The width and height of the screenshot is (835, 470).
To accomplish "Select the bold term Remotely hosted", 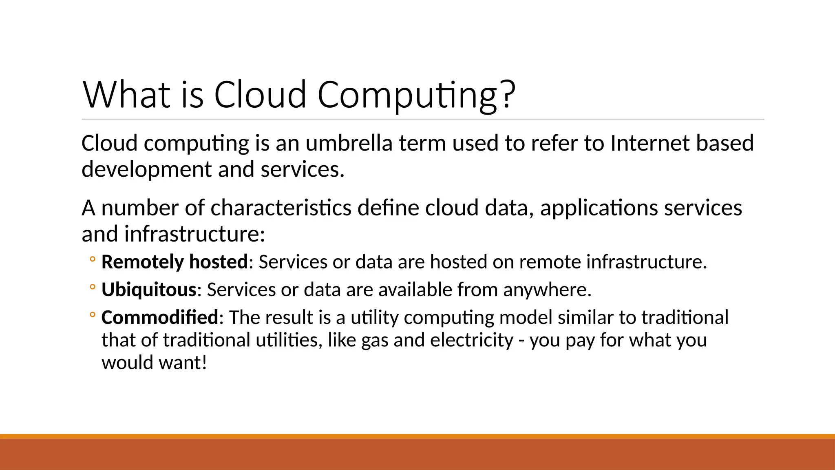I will tap(175, 262).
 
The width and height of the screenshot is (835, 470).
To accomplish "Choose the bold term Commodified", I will tap(160, 317).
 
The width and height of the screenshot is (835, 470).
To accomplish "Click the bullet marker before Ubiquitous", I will tap(93, 288).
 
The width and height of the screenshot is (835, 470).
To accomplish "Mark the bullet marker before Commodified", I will tap(93, 315).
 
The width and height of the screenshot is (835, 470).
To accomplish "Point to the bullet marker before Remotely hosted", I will tap(93, 259).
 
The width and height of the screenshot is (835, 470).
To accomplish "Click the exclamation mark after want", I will tap(204, 362).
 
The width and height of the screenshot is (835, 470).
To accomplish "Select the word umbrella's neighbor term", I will tap(422, 143).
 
